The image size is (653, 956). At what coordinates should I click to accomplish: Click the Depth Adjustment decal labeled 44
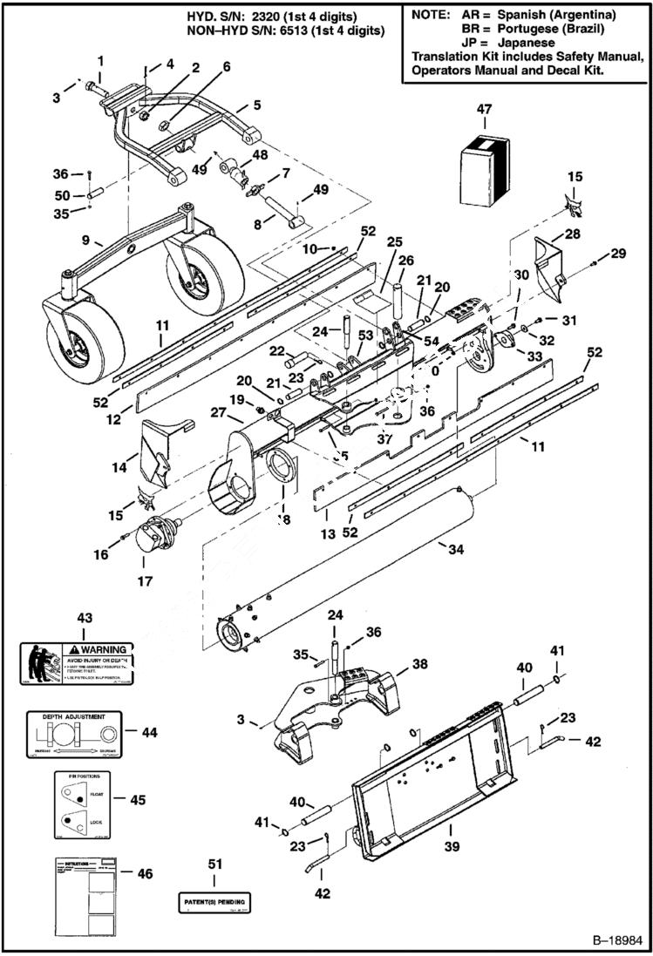pyautogui.click(x=73, y=734)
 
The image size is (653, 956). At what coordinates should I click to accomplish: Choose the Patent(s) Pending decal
pyautogui.click(x=214, y=900)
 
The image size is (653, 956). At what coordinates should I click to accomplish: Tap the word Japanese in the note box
pyautogui.click(x=526, y=42)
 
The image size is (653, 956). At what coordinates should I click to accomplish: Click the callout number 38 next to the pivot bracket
pyautogui.click(x=419, y=663)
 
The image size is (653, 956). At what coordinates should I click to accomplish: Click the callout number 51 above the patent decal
pyautogui.click(x=214, y=864)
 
